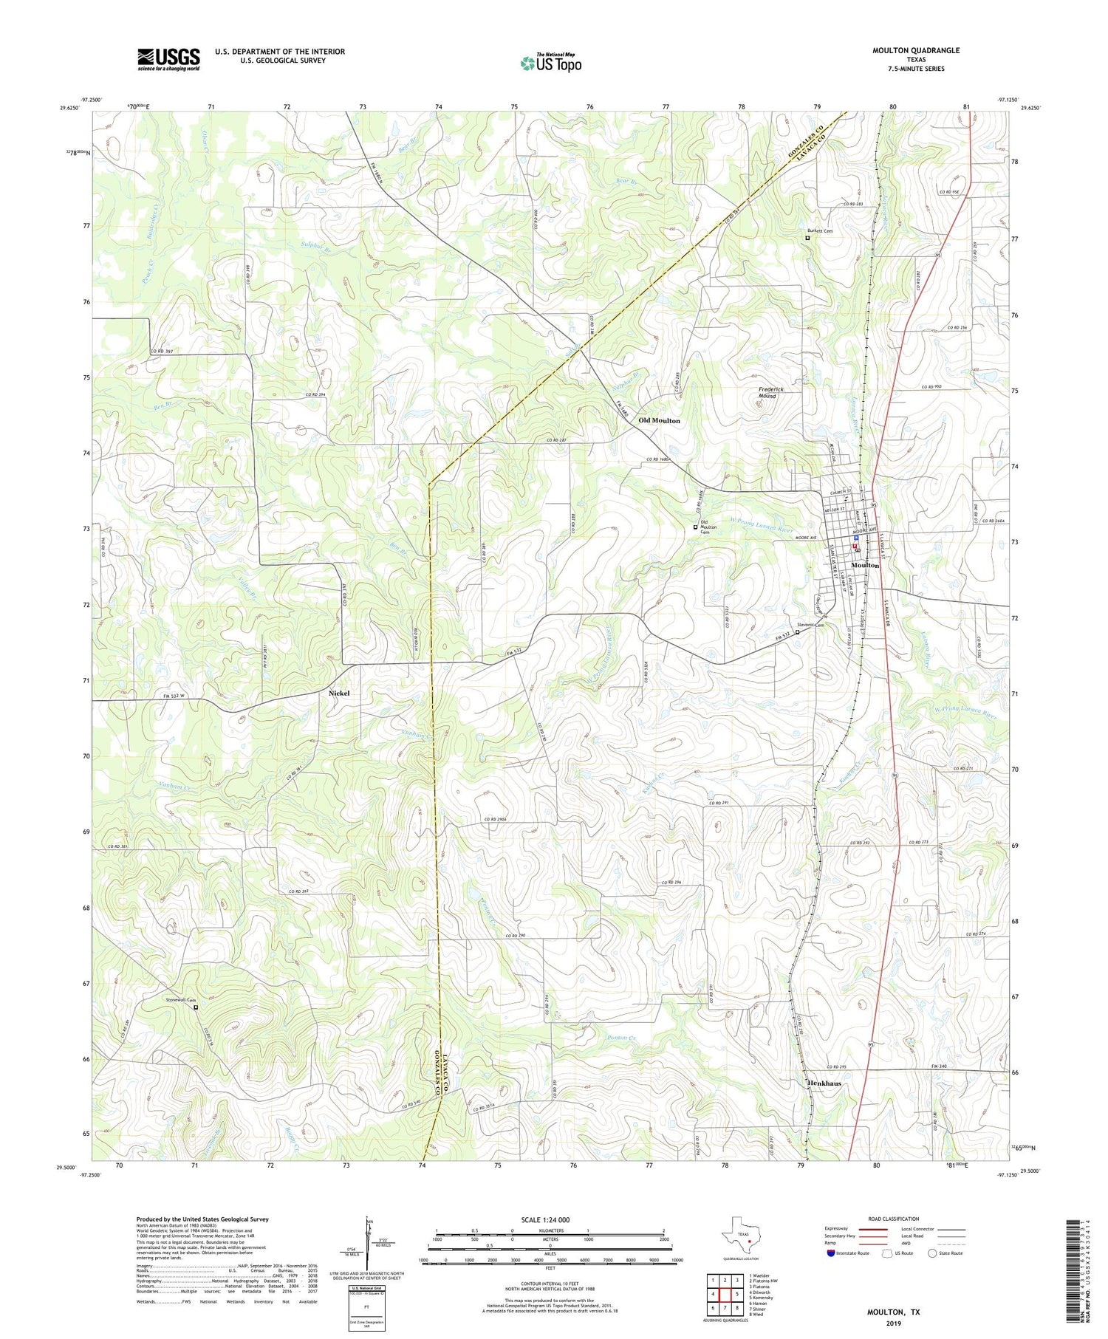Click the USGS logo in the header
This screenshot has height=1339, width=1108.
[x=168, y=59]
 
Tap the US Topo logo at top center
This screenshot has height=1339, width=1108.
[x=551, y=64]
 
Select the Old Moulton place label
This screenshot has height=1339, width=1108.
[x=659, y=420]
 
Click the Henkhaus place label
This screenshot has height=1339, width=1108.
[x=819, y=1083]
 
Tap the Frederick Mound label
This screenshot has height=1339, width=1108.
[x=770, y=392]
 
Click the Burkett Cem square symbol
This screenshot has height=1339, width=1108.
[x=807, y=239]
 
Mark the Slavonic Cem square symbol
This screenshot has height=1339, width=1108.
[x=797, y=632]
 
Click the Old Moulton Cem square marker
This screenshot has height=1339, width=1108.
[x=695, y=527]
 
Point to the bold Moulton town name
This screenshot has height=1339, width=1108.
[x=865, y=565]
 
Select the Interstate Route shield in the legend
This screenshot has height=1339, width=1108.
[x=831, y=1253]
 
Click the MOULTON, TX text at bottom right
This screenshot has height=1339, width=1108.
[x=894, y=1312]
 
